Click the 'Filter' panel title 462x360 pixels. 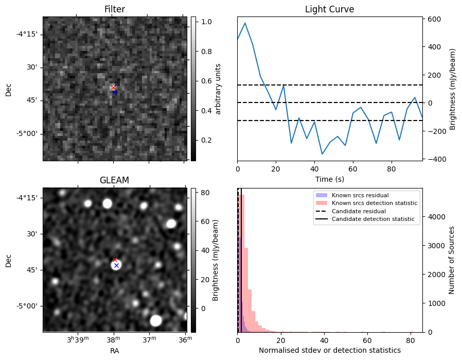[114, 9]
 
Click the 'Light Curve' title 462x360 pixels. [329, 9]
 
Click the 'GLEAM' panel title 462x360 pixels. [114, 180]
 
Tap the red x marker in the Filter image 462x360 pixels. [113, 88]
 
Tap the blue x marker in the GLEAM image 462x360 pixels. [116, 265]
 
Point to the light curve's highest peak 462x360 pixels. [245, 23]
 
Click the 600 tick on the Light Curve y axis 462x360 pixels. [432, 19]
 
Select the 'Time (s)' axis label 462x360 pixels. [329, 179]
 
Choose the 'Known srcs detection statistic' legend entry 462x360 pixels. [374, 203]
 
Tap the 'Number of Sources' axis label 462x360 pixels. [452, 259]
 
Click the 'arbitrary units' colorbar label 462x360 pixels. [218, 89]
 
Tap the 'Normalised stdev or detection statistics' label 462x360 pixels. [329, 351]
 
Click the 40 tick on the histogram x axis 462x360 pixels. [324, 340]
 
